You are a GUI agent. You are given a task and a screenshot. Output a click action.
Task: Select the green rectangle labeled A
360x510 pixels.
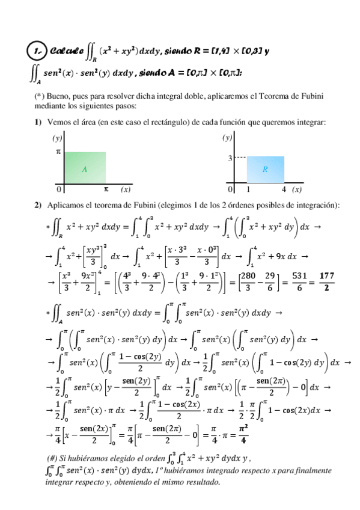point(85,168)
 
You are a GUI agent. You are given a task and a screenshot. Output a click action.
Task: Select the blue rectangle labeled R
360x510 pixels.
point(265,170)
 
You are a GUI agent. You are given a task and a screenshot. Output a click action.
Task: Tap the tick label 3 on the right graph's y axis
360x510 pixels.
point(230,158)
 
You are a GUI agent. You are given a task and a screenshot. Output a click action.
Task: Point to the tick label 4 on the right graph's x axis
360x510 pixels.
point(284,189)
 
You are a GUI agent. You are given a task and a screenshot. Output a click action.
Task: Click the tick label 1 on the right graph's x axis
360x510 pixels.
point(248,189)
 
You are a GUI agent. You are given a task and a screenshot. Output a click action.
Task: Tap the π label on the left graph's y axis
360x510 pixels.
point(58,153)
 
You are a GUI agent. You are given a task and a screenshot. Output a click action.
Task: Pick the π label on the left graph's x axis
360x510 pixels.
point(106,189)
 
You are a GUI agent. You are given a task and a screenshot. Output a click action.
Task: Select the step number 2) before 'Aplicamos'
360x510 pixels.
point(38,205)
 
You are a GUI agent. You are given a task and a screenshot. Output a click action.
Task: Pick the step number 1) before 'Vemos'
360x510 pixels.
point(38,122)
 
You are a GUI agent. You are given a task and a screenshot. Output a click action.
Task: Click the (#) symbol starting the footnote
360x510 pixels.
point(52,455)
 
